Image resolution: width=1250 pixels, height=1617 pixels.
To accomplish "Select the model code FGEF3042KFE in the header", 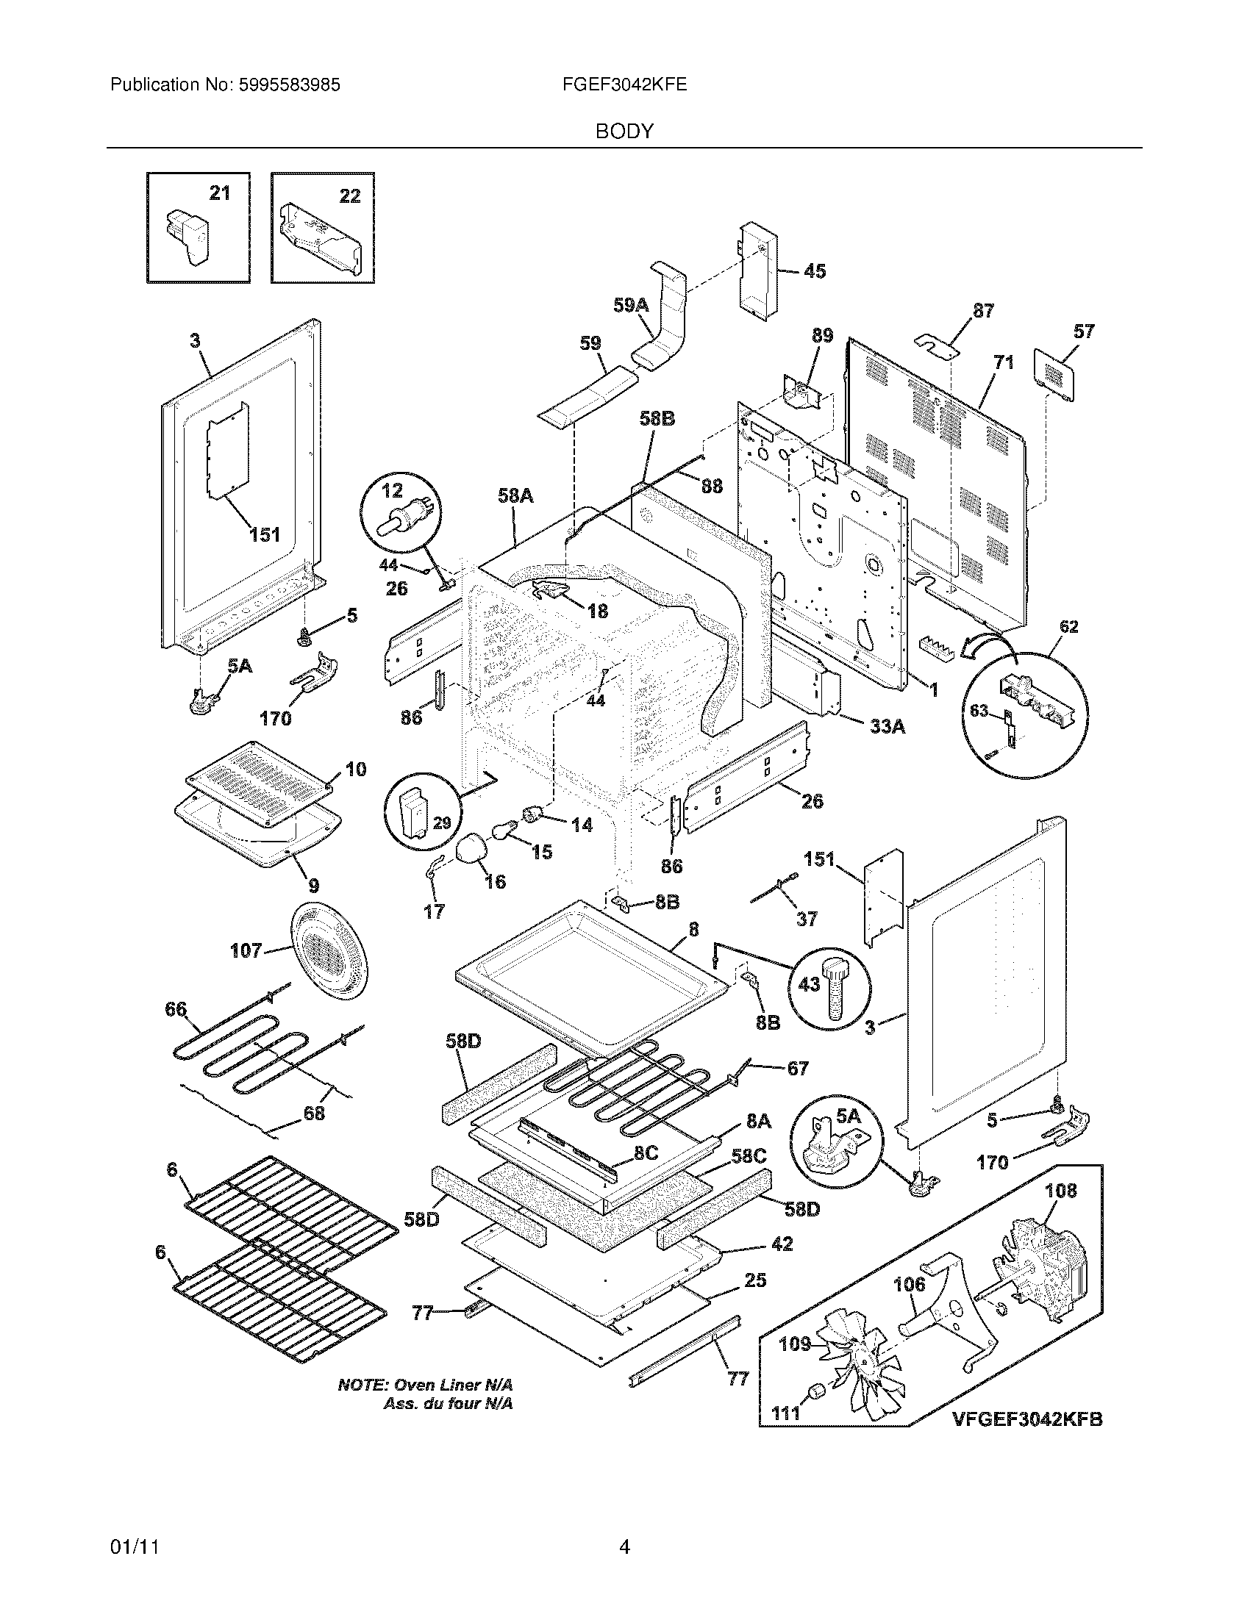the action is (x=624, y=85).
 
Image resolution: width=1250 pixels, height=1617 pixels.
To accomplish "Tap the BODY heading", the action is (x=624, y=132).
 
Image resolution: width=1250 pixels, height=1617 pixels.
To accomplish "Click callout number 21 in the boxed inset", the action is (x=220, y=193).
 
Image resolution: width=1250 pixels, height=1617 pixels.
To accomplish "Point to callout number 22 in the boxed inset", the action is (x=349, y=196).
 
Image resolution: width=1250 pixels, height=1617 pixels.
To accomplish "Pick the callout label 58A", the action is (x=515, y=495).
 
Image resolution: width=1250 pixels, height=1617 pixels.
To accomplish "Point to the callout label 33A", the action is (x=888, y=726).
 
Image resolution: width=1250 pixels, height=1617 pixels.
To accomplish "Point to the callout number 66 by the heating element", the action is (x=176, y=1010).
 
